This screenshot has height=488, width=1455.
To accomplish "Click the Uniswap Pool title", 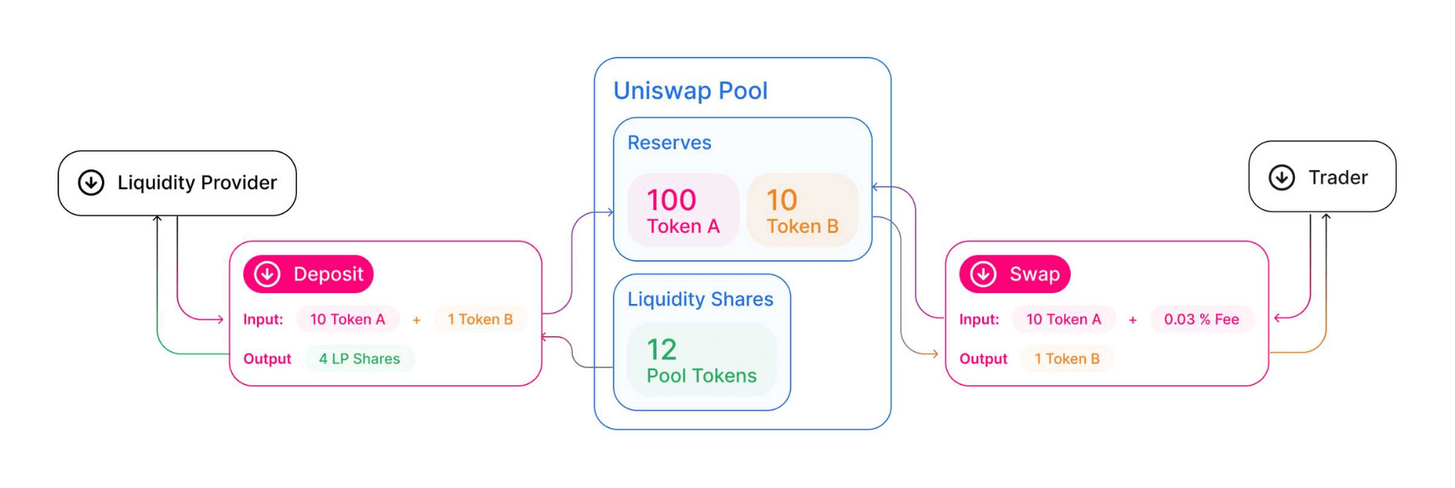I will click(x=690, y=91).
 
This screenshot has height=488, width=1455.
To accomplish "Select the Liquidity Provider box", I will click(x=177, y=183).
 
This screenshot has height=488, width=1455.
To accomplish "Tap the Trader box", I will click(x=1322, y=177).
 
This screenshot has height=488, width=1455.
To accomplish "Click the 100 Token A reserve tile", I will click(x=683, y=210).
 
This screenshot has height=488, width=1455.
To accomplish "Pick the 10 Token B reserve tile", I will click(x=802, y=210).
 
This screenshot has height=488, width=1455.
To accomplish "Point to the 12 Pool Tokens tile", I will click(x=702, y=360).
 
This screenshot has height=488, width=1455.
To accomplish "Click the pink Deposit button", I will click(x=309, y=274).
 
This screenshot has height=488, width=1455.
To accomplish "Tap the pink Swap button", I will click(x=1015, y=274).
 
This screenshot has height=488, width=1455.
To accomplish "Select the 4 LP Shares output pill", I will click(x=360, y=359).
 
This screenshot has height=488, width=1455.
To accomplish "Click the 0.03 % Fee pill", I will click(x=1201, y=319).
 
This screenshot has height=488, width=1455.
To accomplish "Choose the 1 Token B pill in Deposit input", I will click(x=480, y=319).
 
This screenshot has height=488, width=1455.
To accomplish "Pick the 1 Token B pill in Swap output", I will click(x=1066, y=359).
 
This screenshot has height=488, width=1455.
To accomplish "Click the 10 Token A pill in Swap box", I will click(x=1063, y=319).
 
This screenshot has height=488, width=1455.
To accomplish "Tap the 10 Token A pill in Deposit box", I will click(x=347, y=319).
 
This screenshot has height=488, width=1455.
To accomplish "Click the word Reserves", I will click(x=669, y=143).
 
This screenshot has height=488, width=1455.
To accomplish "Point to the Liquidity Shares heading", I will click(x=700, y=299).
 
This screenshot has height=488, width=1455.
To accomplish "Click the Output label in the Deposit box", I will click(x=267, y=359).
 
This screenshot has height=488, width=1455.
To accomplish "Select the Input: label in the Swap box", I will click(x=979, y=319).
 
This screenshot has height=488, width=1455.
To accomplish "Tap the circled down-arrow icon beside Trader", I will click(x=1282, y=177).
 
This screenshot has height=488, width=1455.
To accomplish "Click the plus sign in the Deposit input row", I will click(x=416, y=320).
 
